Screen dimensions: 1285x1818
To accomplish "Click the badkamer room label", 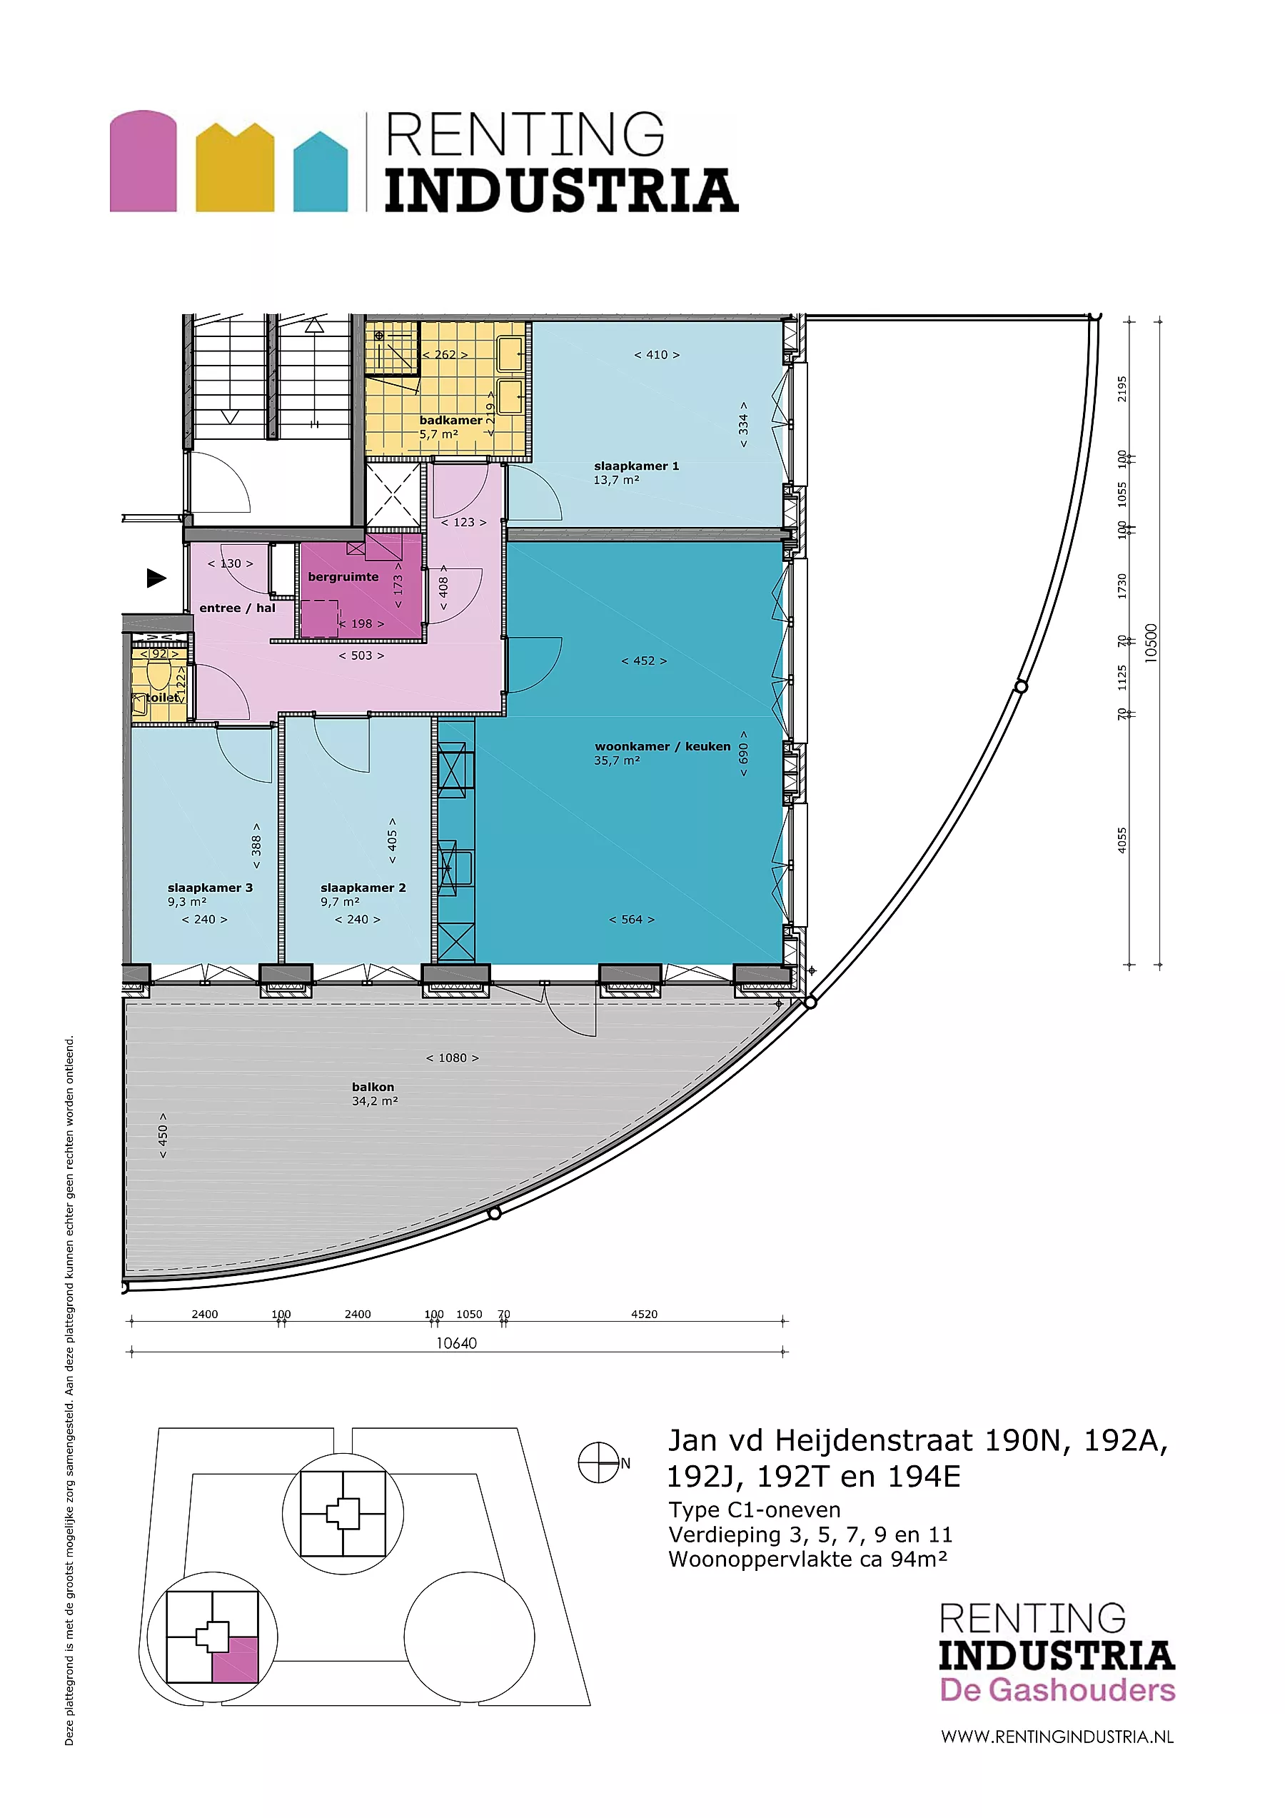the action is tap(450, 421).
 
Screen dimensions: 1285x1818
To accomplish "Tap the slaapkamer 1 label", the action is tap(637, 466).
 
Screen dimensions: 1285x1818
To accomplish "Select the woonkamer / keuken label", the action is tap(662, 747).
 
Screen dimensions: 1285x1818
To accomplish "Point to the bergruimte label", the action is tap(343, 577).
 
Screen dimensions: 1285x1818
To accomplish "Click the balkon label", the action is tap(373, 1087).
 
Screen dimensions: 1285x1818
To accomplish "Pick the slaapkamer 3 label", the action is tap(210, 888).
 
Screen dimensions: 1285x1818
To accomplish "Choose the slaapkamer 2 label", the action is tap(363, 888).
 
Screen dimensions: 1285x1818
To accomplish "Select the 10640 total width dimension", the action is tap(456, 1343).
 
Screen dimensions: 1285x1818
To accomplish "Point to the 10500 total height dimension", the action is tap(1152, 643).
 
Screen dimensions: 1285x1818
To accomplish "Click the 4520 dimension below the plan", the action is tap(644, 1315).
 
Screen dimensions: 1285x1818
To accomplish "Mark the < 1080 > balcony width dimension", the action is tap(452, 1058).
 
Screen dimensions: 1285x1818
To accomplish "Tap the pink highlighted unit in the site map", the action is tap(235, 1660).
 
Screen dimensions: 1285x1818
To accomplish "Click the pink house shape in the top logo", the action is tap(143, 161).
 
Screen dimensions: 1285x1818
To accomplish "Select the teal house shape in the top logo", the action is tap(320, 172).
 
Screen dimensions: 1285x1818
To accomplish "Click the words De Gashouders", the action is tap(1057, 1689).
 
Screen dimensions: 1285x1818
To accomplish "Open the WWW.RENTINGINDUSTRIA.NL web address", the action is tap(1057, 1737).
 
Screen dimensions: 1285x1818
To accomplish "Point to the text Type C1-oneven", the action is tap(754, 1510).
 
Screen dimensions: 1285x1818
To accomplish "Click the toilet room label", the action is tap(163, 698).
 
